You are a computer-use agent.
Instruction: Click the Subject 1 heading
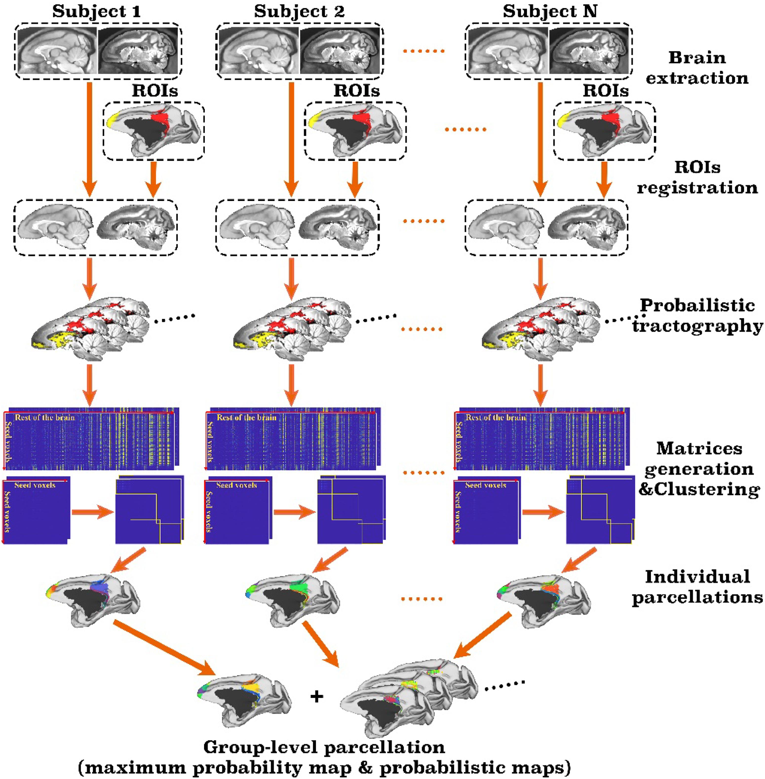(96, 11)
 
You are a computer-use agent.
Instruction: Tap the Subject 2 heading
(299, 11)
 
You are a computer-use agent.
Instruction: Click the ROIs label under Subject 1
(155, 91)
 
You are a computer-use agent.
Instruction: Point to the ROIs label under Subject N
(606, 91)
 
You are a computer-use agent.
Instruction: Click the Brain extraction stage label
(697, 68)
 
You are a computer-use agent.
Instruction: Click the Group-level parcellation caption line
(324, 747)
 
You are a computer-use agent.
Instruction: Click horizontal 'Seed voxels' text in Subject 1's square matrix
(35, 485)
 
